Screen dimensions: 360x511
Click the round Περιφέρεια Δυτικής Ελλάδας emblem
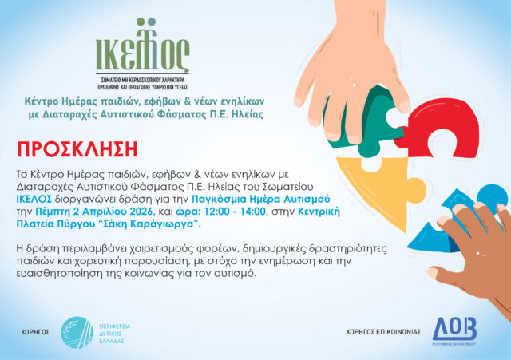(x=77, y=331)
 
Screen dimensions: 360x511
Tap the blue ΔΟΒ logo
(x=454, y=330)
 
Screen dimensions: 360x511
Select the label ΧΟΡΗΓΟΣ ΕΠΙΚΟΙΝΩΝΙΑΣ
(x=383, y=332)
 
